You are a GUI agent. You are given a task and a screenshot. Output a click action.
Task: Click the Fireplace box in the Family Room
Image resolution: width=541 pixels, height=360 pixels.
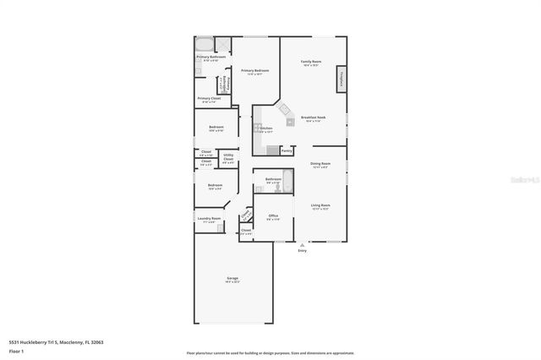pyautogui.click(x=342, y=79)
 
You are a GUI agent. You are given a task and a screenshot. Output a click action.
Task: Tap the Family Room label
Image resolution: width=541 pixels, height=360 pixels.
pyautogui.click(x=312, y=63)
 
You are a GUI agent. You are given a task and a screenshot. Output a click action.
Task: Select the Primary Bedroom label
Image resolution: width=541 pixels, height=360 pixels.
pyautogui.click(x=254, y=71)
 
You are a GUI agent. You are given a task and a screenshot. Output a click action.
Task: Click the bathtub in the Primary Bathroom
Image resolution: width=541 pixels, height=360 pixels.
pyautogui.click(x=205, y=44)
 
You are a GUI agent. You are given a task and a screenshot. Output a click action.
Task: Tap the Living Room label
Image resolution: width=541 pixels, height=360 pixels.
pyautogui.click(x=319, y=205)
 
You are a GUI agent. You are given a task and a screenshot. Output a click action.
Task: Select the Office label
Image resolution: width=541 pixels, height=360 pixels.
pyautogui.click(x=273, y=216)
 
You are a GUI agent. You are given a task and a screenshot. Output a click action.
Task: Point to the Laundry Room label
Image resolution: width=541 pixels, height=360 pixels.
pyautogui.click(x=209, y=219)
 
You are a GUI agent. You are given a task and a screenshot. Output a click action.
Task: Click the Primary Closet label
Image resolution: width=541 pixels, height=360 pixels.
pyautogui.click(x=209, y=99)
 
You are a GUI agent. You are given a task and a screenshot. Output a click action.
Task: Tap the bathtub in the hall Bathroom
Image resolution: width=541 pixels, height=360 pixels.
pyautogui.click(x=287, y=180)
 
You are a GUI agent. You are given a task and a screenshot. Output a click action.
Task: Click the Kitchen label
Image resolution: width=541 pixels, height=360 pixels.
pyautogui.click(x=265, y=128)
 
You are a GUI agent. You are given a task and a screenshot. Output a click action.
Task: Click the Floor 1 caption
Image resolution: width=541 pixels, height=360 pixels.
pyautogui.click(x=15, y=349)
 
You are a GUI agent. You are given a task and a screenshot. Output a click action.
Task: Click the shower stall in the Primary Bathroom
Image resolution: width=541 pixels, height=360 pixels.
pyautogui.click(x=224, y=45)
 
